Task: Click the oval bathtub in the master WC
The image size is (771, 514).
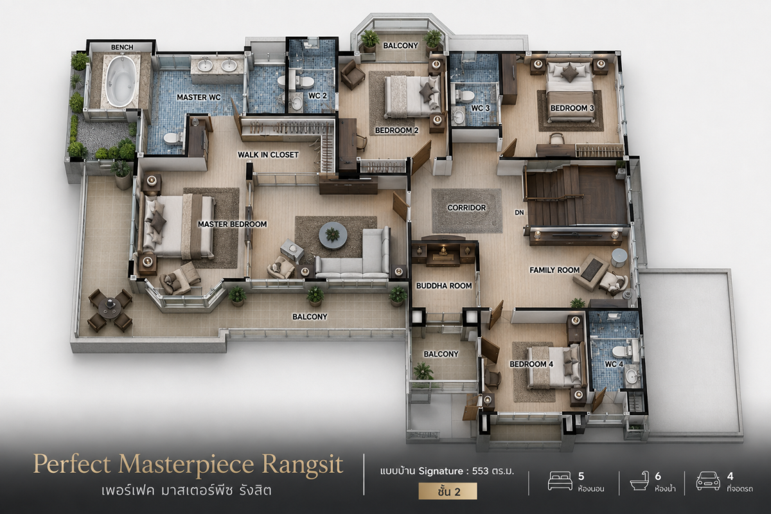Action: [120, 81]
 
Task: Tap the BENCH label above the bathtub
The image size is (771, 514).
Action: [122, 47]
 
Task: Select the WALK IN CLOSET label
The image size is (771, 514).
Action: [268, 155]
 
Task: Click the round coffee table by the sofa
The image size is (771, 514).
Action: [333, 236]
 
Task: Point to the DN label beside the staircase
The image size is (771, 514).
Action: [519, 213]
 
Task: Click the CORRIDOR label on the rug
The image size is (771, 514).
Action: [466, 208]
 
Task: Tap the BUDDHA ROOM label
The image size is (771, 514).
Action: [444, 286]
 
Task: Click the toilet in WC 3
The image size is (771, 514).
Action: [465, 95]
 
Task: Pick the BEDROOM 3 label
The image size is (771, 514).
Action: [572, 108]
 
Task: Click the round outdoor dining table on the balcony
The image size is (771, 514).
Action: [109, 307]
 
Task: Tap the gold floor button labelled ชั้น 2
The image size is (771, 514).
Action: [448, 491]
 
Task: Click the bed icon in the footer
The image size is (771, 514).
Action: [560, 481]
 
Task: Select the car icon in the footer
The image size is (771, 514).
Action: [708, 481]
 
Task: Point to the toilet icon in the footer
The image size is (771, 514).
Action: [640, 481]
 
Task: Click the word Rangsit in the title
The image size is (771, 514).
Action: [303, 465]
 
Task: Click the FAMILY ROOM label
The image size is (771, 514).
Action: [554, 270]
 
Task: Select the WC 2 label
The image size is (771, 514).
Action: [317, 96]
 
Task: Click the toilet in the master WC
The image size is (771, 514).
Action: [173, 138]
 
